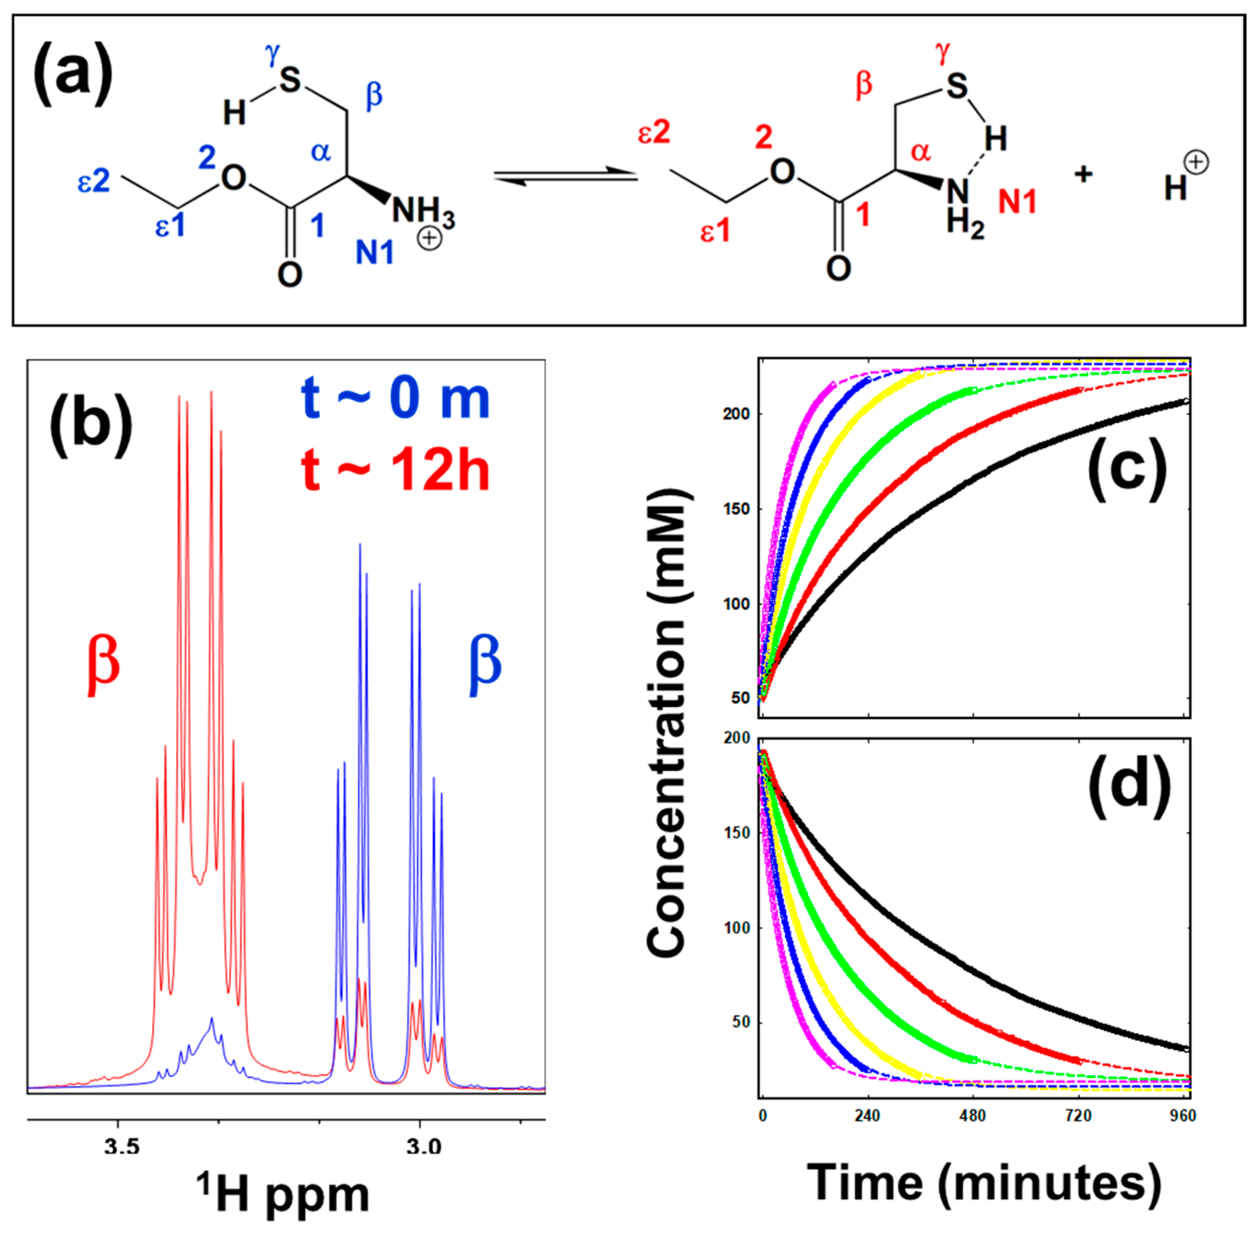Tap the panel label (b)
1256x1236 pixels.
(90, 425)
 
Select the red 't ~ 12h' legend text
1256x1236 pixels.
(395, 471)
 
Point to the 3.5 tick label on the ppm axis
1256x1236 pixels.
(121, 1146)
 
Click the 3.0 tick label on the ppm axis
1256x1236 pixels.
(423, 1146)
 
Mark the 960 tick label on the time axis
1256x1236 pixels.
(1183, 1115)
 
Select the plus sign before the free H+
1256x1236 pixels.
(1083, 174)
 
